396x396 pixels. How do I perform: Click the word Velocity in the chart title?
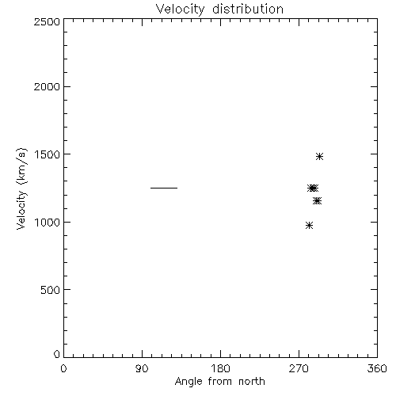[x=180, y=10]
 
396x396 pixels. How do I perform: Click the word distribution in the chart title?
[x=248, y=9]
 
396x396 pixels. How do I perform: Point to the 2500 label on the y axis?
[x=47, y=21]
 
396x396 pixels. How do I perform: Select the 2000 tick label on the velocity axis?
[x=47, y=86]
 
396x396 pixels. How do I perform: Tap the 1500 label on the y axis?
[x=48, y=154]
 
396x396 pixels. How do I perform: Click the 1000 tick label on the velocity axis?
[x=48, y=223]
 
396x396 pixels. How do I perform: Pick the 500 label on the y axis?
[x=51, y=290]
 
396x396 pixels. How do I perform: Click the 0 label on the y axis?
[x=57, y=354]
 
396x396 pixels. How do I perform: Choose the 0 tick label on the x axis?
[x=63, y=368]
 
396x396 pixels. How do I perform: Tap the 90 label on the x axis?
[x=142, y=368]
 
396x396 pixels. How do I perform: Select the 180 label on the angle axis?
[x=220, y=368]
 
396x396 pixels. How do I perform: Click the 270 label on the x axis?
[x=299, y=368]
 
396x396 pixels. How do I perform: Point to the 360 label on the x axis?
[x=377, y=368]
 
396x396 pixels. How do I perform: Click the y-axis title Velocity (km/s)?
[x=21, y=188]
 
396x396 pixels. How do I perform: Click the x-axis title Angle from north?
[x=220, y=382]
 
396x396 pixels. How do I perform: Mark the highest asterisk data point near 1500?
[x=319, y=157]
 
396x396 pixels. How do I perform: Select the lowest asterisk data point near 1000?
[x=309, y=226]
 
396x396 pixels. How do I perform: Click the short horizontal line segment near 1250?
[x=164, y=188]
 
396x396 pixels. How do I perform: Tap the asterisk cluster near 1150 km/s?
[x=317, y=201]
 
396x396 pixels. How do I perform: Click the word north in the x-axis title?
[x=252, y=382]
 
